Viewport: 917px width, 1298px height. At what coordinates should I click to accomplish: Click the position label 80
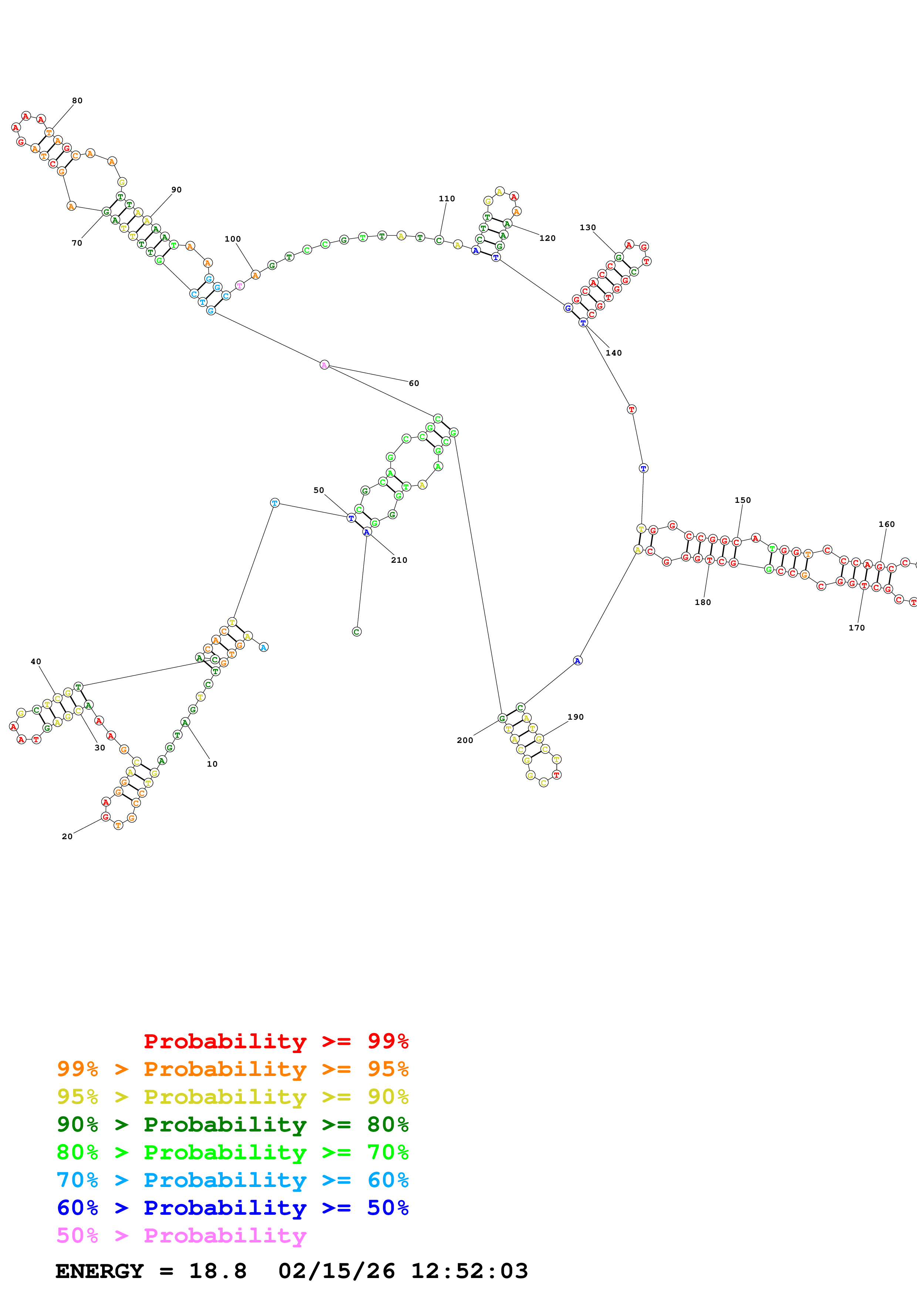[x=77, y=101]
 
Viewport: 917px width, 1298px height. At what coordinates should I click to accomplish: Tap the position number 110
[x=446, y=198]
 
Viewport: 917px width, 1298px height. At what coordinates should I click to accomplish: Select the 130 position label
[x=588, y=227]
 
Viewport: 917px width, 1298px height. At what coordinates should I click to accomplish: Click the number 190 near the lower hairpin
[x=575, y=717]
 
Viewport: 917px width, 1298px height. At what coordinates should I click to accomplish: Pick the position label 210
[x=399, y=560]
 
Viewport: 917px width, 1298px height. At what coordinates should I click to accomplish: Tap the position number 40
[x=36, y=662]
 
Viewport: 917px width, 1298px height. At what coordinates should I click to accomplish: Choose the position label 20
[x=67, y=836]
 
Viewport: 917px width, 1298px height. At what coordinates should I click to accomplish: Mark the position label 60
[x=414, y=383]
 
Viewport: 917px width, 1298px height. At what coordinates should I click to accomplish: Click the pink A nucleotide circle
[x=324, y=364]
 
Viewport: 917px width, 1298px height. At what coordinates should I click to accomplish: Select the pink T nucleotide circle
[x=240, y=286]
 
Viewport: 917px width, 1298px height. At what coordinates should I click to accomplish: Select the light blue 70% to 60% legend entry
[x=232, y=1180]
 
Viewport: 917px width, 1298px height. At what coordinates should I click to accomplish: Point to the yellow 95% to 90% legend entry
[x=232, y=1096]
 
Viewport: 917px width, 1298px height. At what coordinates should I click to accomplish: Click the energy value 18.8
[x=218, y=1271]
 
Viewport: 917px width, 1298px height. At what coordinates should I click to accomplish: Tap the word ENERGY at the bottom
[x=100, y=1271]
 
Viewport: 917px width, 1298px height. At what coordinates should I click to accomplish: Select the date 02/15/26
[x=336, y=1271]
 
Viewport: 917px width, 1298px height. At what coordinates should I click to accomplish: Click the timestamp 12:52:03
[x=469, y=1271]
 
